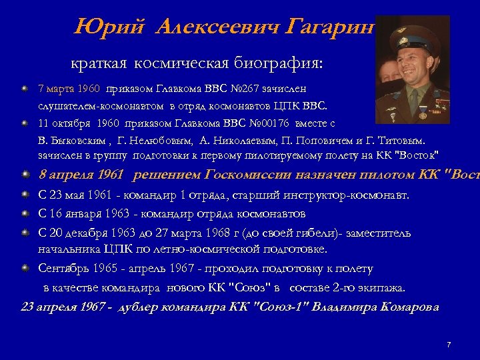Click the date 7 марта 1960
(67, 88)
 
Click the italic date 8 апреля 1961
(81, 175)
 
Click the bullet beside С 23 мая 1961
(25, 195)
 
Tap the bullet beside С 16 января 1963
(25, 214)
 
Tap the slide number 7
(449, 344)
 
